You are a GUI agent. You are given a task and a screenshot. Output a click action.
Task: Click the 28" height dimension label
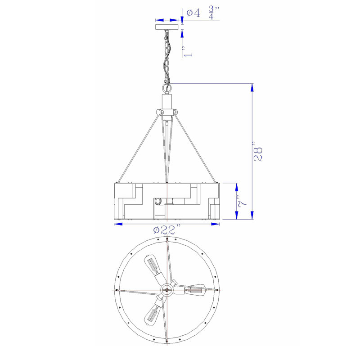pyautogui.click(x=258, y=152)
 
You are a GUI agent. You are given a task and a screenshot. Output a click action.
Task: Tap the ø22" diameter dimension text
pyautogui.click(x=167, y=229)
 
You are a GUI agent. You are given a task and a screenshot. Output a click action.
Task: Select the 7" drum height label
pyautogui.click(x=242, y=202)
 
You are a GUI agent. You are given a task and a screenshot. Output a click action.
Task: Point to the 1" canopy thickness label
pyautogui.click(x=187, y=51)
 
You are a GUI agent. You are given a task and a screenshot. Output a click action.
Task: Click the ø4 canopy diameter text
pyautogui.click(x=193, y=13)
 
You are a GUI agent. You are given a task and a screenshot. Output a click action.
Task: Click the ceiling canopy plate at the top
pyautogui.click(x=167, y=27)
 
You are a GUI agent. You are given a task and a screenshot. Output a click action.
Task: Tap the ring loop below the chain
pyautogui.click(x=167, y=88)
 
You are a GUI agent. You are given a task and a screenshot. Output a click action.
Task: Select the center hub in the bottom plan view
pyautogui.click(x=167, y=290)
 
